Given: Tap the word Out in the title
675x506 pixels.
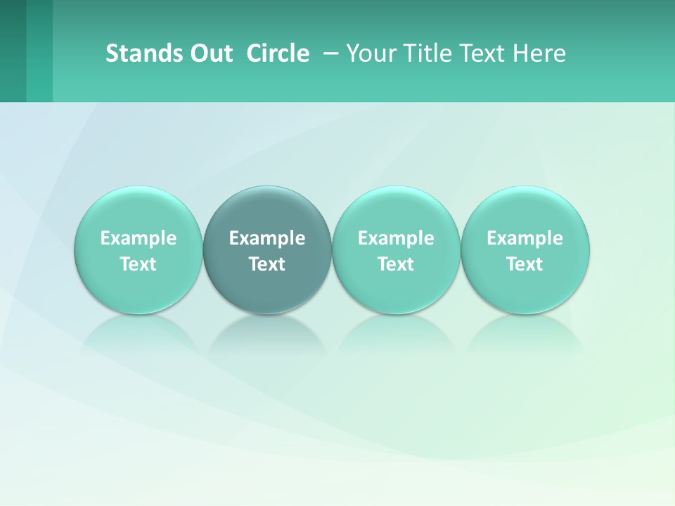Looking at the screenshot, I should pyautogui.click(x=210, y=53).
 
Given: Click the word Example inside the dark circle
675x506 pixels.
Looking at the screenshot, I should pyautogui.click(x=267, y=238).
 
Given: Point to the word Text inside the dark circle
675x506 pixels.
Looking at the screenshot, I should pyautogui.click(x=267, y=264).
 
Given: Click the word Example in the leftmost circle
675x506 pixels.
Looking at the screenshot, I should pyautogui.click(x=139, y=238).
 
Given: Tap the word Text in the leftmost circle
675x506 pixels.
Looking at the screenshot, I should pyautogui.click(x=139, y=264).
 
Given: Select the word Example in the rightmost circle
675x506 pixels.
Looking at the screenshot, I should pyautogui.click(x=525, y=238).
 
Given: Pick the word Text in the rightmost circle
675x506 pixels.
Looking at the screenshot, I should pyautogui.click(x=525, y=264).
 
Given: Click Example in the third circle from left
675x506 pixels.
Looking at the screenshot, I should pyautogui.click(x=396, y=238).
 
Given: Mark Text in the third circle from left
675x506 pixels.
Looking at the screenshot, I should pyautogui.click(x=396, y=264).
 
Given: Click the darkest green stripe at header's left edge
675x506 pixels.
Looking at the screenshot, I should pyautogui.click(x=13, y=51).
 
